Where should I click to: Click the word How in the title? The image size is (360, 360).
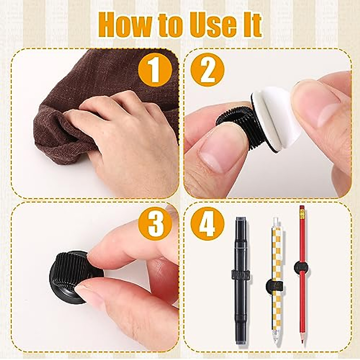point(126,24)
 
